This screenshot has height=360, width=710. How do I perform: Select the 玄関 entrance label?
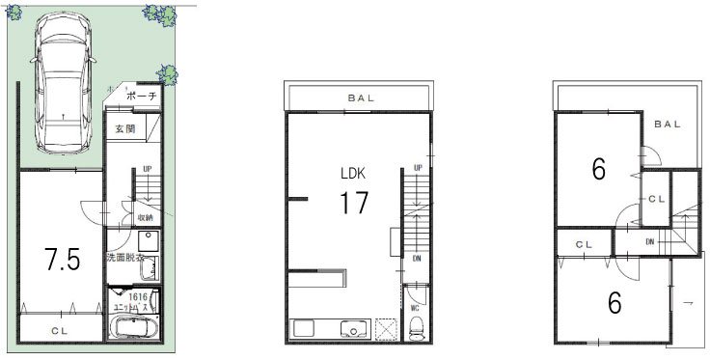(x=125, y=128)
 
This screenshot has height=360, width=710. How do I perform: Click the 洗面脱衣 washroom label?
(x=125, y=258)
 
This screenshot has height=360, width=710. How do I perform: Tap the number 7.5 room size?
(x=62, y=260)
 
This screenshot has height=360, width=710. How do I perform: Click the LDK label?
(x=352, y=174)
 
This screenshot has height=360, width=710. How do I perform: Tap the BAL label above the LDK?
(x=356, y=98)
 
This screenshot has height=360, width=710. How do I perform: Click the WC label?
(x=415, y=308)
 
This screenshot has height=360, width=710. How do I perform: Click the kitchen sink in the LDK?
(x=357, y=329)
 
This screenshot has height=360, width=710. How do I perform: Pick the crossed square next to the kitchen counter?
(x=387, y=328)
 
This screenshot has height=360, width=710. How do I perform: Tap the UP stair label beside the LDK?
(x=418, y=168)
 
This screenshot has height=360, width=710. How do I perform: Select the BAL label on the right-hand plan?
(x=667, y=124)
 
